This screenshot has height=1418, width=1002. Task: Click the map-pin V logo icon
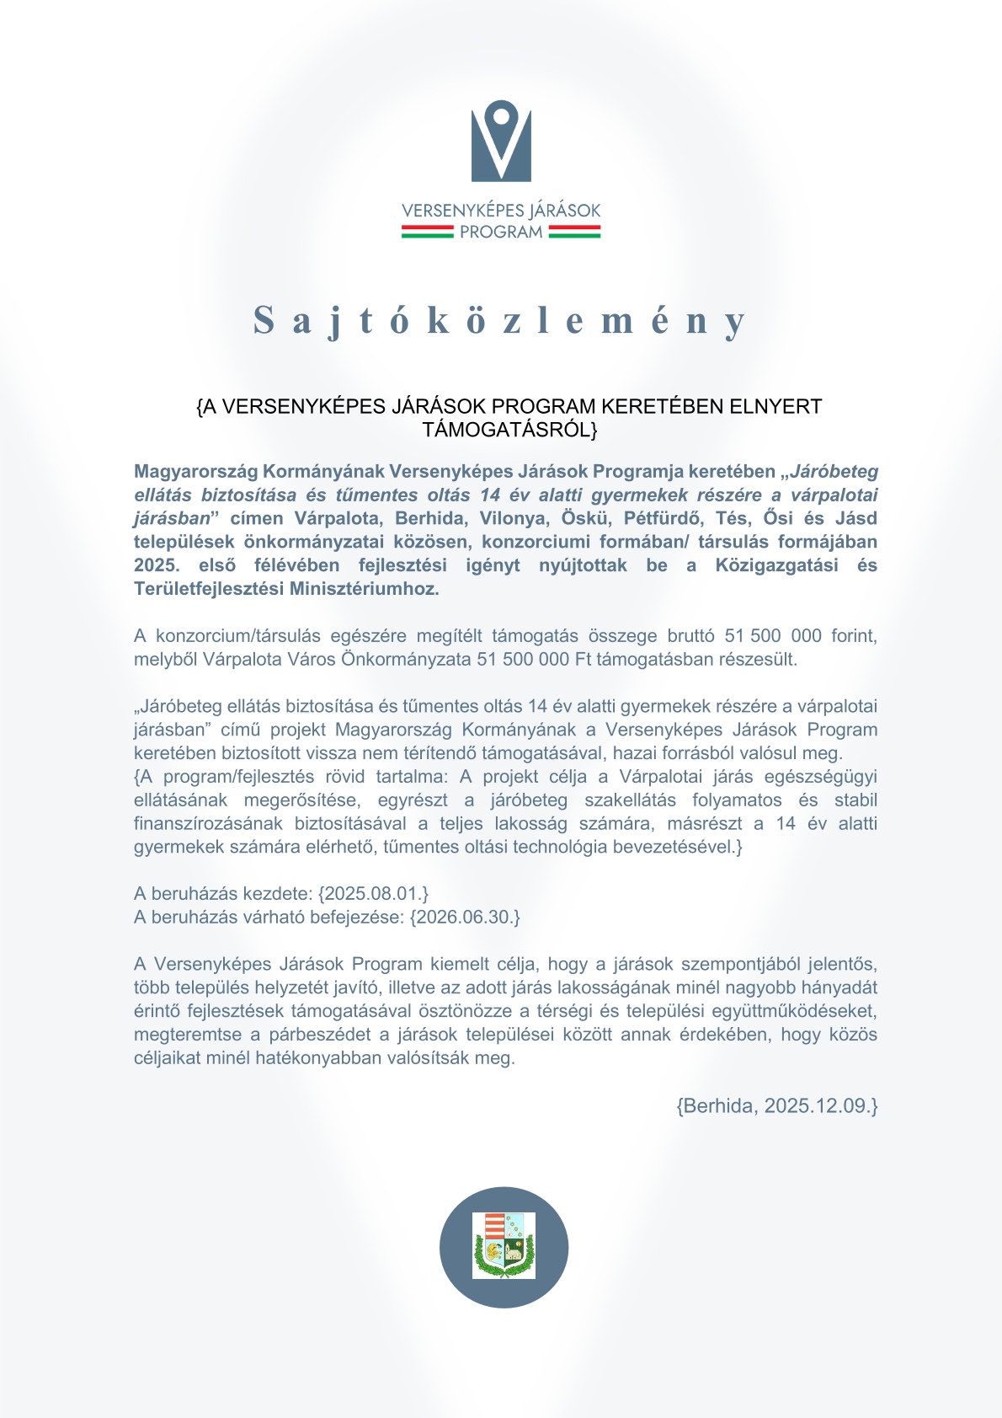[501, 141]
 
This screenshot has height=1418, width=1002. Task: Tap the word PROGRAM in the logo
[501, 232]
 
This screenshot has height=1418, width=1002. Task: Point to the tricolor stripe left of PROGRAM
[427, 232]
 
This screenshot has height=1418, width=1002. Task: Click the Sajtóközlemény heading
[500, 321]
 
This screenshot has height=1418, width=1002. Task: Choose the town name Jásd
[856, 518]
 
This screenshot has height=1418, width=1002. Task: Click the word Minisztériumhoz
[364, 589]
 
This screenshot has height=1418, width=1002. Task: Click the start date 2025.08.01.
[373, 893]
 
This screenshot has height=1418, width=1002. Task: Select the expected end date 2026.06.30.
[465, 917]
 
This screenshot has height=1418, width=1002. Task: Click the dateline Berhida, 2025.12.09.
[777, 1105]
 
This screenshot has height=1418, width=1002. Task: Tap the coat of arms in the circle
[504, 1246]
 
